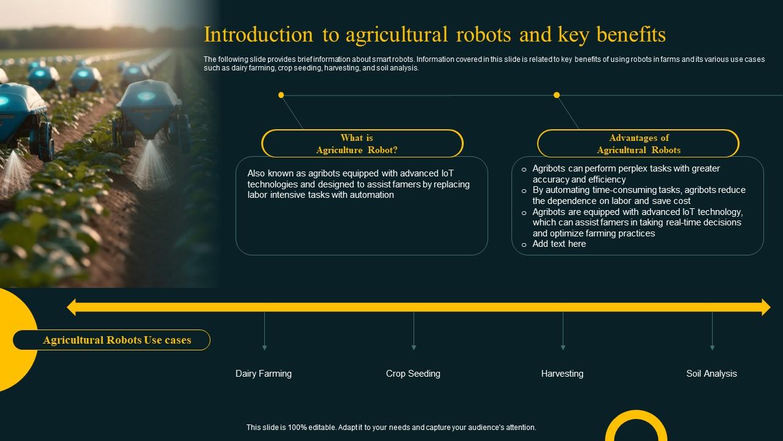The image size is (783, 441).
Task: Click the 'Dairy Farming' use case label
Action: pyautogui.click(x=264, y=374)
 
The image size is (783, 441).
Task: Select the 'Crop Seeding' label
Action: pyautogui.click(x=413, y=374)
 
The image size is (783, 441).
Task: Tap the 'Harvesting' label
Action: pyautogui.click(x=562, y=374)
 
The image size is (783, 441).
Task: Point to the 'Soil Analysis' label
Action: pyautogui.click(x=711, y=374)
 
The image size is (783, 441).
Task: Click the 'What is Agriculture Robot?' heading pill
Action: pyautogui.click(x=362, y=144)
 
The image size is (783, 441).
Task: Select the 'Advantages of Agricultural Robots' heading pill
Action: pyautogui.click(x=638, y=144)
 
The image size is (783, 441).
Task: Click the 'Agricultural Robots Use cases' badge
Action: pyautogui.click(x=117, y=340)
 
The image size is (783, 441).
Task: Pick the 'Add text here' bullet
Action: pyautogui.click(x=559, y=244)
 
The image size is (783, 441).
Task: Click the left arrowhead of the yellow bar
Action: pyautogui.click(x=72, y=307)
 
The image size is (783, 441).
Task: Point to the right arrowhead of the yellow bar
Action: pyautogui.click(x=765, y=307)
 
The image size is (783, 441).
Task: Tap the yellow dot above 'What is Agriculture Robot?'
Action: pyautogui.click(x=281, y=95)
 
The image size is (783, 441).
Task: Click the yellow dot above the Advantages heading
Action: pyautogui.click(x=557, y=95)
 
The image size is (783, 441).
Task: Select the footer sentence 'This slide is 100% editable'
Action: pyautogui.click(x=391, y=428)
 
